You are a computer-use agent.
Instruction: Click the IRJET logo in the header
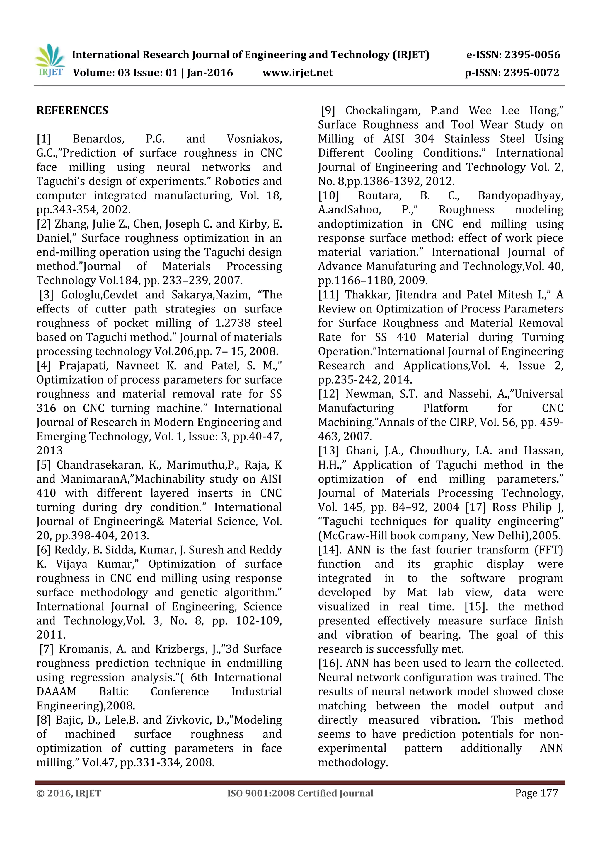point(50,61)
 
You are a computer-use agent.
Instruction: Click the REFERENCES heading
point(72,110)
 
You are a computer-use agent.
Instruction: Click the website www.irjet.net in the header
point(297,73)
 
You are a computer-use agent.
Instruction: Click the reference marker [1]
point(44,139)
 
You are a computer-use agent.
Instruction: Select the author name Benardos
point(98,139)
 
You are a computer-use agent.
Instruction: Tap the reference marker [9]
point(328,110)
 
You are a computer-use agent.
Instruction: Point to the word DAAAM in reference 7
point(56,692)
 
